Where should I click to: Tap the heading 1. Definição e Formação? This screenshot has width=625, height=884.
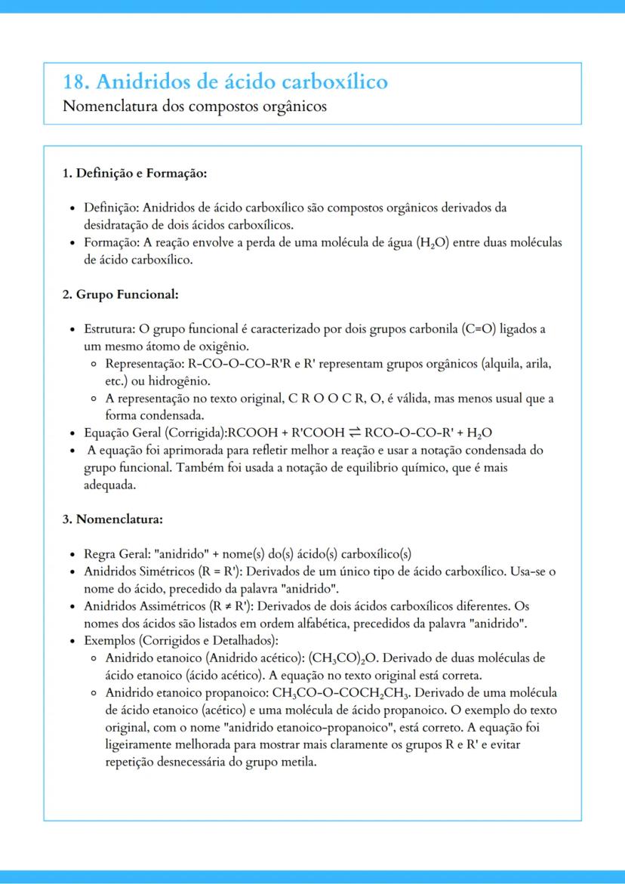coord(134,173)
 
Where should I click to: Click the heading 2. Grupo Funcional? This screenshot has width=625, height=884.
coord(120,294)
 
